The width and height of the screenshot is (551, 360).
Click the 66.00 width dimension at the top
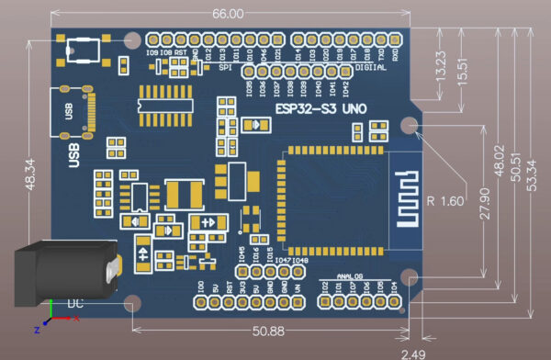228,14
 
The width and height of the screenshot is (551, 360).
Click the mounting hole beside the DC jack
132,303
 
